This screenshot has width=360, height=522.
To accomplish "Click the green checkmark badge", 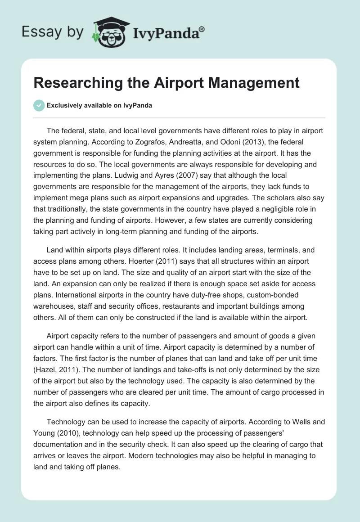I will pyautogui.click(x=39, y=105).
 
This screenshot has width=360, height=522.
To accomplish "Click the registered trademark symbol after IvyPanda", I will pyautogui.click(x=202, y=28).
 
